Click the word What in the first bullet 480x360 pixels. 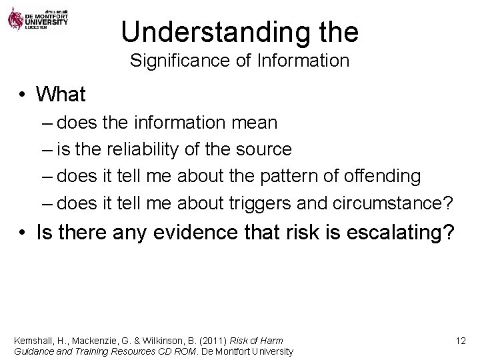coord(61,95)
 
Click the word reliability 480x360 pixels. coord(146,150)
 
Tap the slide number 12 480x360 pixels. coord(460,341)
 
